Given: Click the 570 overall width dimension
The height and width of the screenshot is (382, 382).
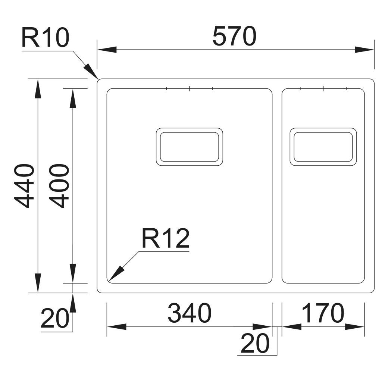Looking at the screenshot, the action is tap(234, 37).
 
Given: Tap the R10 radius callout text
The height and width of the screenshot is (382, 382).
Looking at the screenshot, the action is tap(45, 38).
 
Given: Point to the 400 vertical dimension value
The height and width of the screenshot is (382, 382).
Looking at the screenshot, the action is tap(60, 185).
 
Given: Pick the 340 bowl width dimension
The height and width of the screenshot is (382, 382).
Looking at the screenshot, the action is tap(189, 313).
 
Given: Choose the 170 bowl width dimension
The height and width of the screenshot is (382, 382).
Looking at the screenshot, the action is tap(322, 313).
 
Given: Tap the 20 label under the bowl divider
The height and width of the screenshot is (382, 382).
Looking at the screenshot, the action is tap(255, 344).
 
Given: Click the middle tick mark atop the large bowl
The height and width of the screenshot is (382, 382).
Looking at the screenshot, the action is tap(190, 88).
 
